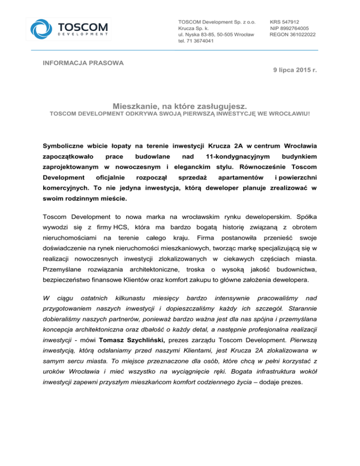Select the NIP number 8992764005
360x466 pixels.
294,28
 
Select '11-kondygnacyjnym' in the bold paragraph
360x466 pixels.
236,155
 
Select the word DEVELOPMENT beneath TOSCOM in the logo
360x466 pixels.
84,34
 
